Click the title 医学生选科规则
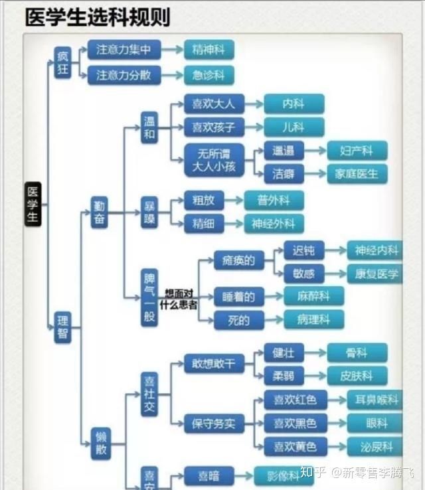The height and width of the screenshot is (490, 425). pos(97,17)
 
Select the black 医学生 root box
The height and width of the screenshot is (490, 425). pos(33,204)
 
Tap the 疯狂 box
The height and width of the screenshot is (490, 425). pos(63,62)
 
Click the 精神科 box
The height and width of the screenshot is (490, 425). pos(209,49)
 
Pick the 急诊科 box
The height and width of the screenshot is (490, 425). pos(209,75)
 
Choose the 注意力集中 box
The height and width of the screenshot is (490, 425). pos(124,49)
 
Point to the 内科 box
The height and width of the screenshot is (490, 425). pos(294,104)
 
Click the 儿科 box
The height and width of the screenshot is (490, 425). pos(294,127)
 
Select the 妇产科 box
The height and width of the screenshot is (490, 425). pos(357,150)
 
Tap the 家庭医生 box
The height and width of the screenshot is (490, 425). pos(357,174)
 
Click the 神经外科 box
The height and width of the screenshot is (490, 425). pos(274,224)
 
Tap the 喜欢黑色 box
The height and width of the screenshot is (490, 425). pos(291,423)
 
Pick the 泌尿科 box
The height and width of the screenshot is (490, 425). pos(376,446)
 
